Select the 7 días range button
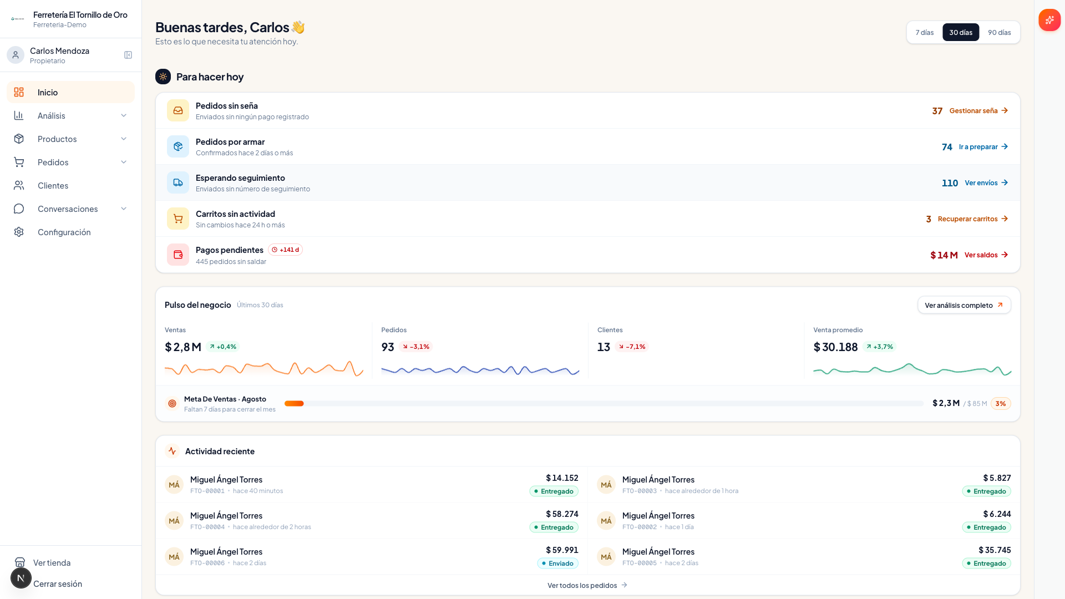[x=924, y=32]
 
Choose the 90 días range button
[x=999, y=32]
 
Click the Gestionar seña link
[x=978, y=111]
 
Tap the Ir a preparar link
[x=983, y=147]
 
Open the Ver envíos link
[x=986, y=183]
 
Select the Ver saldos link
[x=986, y=255]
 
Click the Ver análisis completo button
[x=964, y=305]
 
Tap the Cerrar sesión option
[x=58, y=583]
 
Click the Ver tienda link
[x=52, y=562]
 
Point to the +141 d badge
[x=285, y=250]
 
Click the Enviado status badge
[x=557, y=564]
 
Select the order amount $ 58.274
[x=562, y=514]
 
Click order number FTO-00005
[x=640, y=563]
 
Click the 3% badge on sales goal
[x=1001, y=404]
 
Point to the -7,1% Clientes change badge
[x=632, y=347]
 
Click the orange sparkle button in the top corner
[x=1049, y=20]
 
